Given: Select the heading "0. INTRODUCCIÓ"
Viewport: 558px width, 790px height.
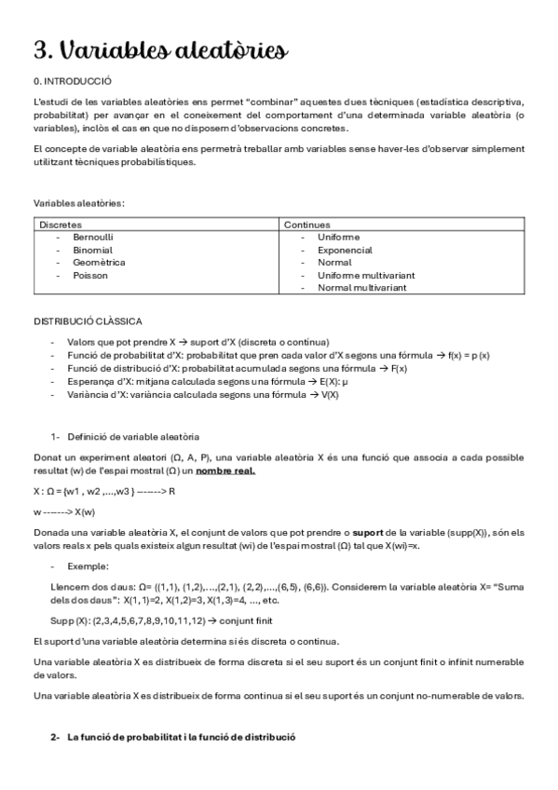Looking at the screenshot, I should (x=73, y=82).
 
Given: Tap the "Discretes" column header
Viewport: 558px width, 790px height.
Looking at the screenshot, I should (x=61, y=225).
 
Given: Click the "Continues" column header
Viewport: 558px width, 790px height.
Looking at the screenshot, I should (x=306, y=225).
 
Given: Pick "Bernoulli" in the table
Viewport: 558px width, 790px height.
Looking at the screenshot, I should (x=93, y=238).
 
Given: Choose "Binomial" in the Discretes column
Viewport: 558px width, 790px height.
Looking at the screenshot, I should (x=92, y=250).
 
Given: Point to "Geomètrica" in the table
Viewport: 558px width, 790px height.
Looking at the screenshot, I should (x=98, y=263).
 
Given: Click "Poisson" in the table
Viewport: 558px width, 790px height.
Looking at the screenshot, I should (x=89, y=275).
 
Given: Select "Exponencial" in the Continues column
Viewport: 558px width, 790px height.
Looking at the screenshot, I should (x=345, y=250).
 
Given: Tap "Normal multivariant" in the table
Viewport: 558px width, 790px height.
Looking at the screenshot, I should (x=362, y=288).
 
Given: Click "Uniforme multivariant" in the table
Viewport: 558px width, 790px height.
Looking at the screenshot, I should (x=366, y=275).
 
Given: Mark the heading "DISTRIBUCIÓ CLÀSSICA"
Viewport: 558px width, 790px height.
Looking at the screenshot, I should (x=88, y=321).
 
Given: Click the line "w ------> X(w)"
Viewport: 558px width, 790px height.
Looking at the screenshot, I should (x=63, y=511).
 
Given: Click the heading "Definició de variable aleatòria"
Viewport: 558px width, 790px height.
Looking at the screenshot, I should (x=133, y=437).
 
